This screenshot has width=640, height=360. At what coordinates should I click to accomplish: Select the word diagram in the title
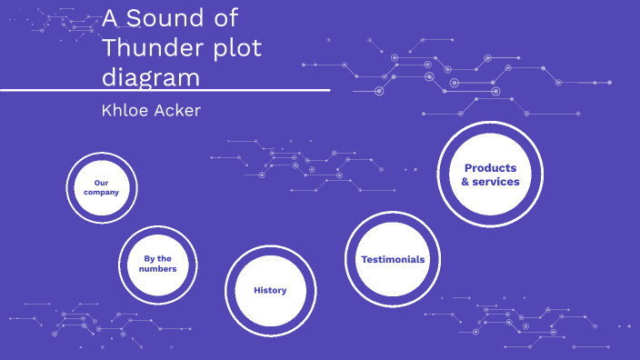(x=150, y=77)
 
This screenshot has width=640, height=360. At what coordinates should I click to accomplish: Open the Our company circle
(x=101, y=187)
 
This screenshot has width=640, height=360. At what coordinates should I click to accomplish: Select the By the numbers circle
(x=158, y=264)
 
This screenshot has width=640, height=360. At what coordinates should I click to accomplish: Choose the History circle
(x=270, y=290)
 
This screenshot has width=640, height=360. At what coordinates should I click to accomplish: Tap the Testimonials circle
(x=392, y=259)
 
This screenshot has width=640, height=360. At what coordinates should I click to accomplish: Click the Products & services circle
(x=490, y=175)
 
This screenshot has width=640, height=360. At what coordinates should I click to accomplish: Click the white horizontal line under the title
(x=164, y=91)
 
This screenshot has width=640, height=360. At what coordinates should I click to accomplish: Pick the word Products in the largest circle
(x=490, y=168)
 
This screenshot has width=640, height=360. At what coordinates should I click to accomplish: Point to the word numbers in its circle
(x=158, y=269)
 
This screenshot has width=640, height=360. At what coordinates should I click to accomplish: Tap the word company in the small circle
(x=101, y=193)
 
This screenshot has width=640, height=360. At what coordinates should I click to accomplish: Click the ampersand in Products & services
(x=465, y=182)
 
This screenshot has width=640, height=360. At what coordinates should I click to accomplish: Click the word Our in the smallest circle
(x=101, y=182)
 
